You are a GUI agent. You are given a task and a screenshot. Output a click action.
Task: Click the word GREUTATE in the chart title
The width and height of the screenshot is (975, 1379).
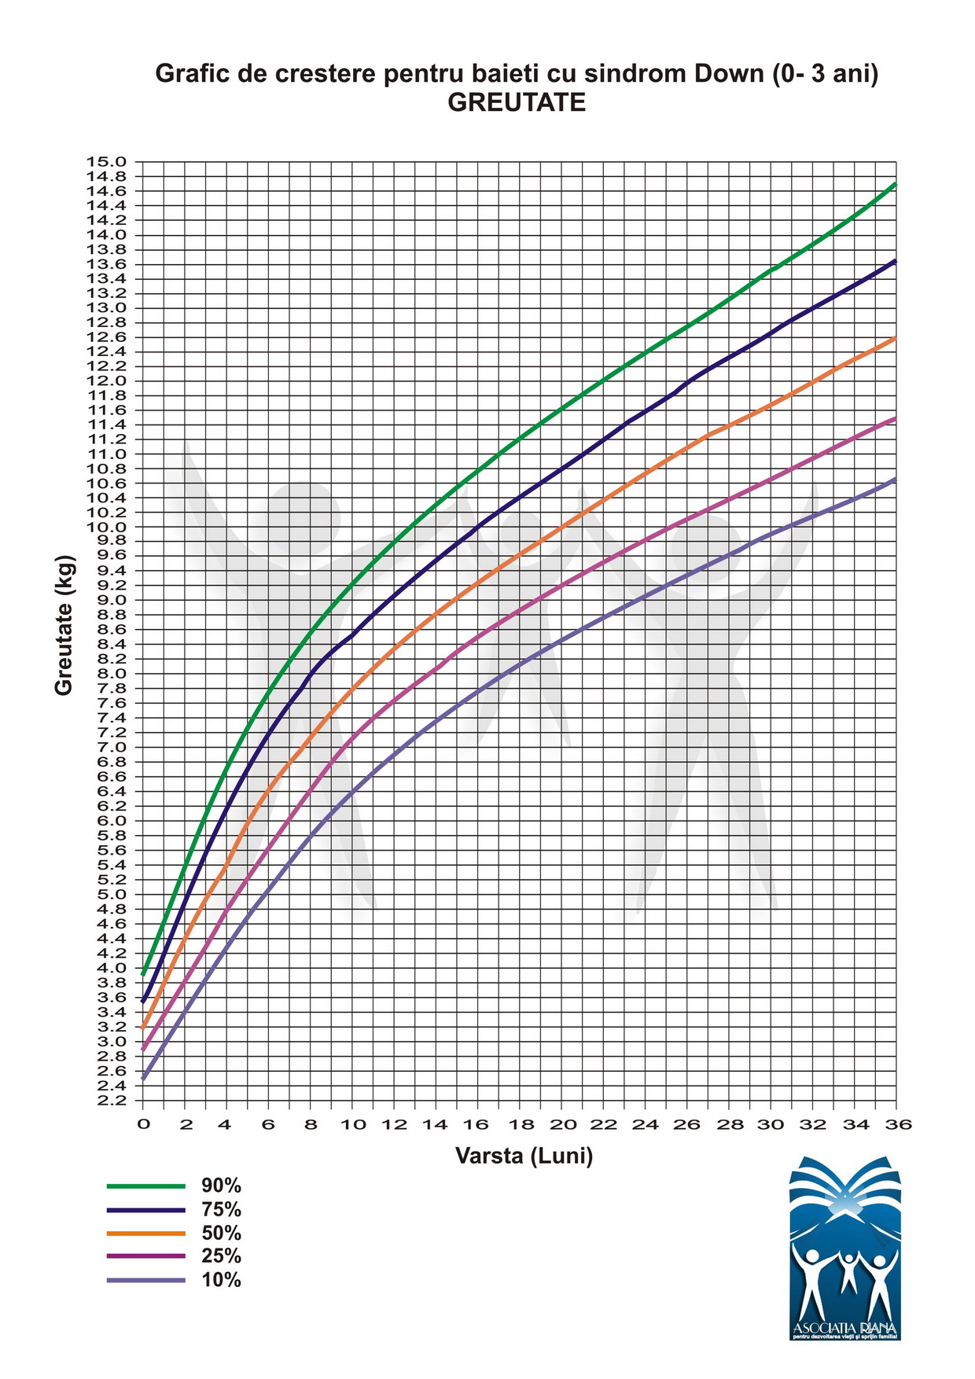[517, 103]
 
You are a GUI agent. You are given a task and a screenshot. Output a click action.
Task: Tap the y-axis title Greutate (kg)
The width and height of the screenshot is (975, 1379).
[64, 626]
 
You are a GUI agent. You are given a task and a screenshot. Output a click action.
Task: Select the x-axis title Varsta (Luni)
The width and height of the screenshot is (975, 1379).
[524, 1156]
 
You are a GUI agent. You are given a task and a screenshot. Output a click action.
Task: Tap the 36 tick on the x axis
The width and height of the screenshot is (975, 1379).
[897, 1125]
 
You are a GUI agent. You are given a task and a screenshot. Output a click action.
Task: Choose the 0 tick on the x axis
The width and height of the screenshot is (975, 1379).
[143, 1125]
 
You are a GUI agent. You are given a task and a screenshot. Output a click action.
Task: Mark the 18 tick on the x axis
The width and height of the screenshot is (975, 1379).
[520, 1125]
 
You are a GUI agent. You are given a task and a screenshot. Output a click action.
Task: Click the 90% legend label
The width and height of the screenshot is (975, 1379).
[221, 1186]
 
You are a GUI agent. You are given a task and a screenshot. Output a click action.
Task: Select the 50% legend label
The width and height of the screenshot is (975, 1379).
[221, 1233]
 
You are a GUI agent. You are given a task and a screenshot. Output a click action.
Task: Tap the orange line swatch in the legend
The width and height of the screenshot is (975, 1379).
[145, 1233]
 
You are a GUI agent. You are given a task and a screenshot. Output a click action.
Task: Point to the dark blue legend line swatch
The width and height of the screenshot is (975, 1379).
[145, 1209]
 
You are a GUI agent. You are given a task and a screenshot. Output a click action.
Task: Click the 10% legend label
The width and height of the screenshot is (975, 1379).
[221, 1280]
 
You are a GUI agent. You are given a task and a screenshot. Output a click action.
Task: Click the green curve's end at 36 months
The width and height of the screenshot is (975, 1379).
[896, 184]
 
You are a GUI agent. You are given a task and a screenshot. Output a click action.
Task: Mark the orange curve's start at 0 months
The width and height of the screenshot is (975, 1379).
[143, 1027]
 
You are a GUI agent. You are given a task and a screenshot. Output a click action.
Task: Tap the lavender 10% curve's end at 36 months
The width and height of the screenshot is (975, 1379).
[896, 479]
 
